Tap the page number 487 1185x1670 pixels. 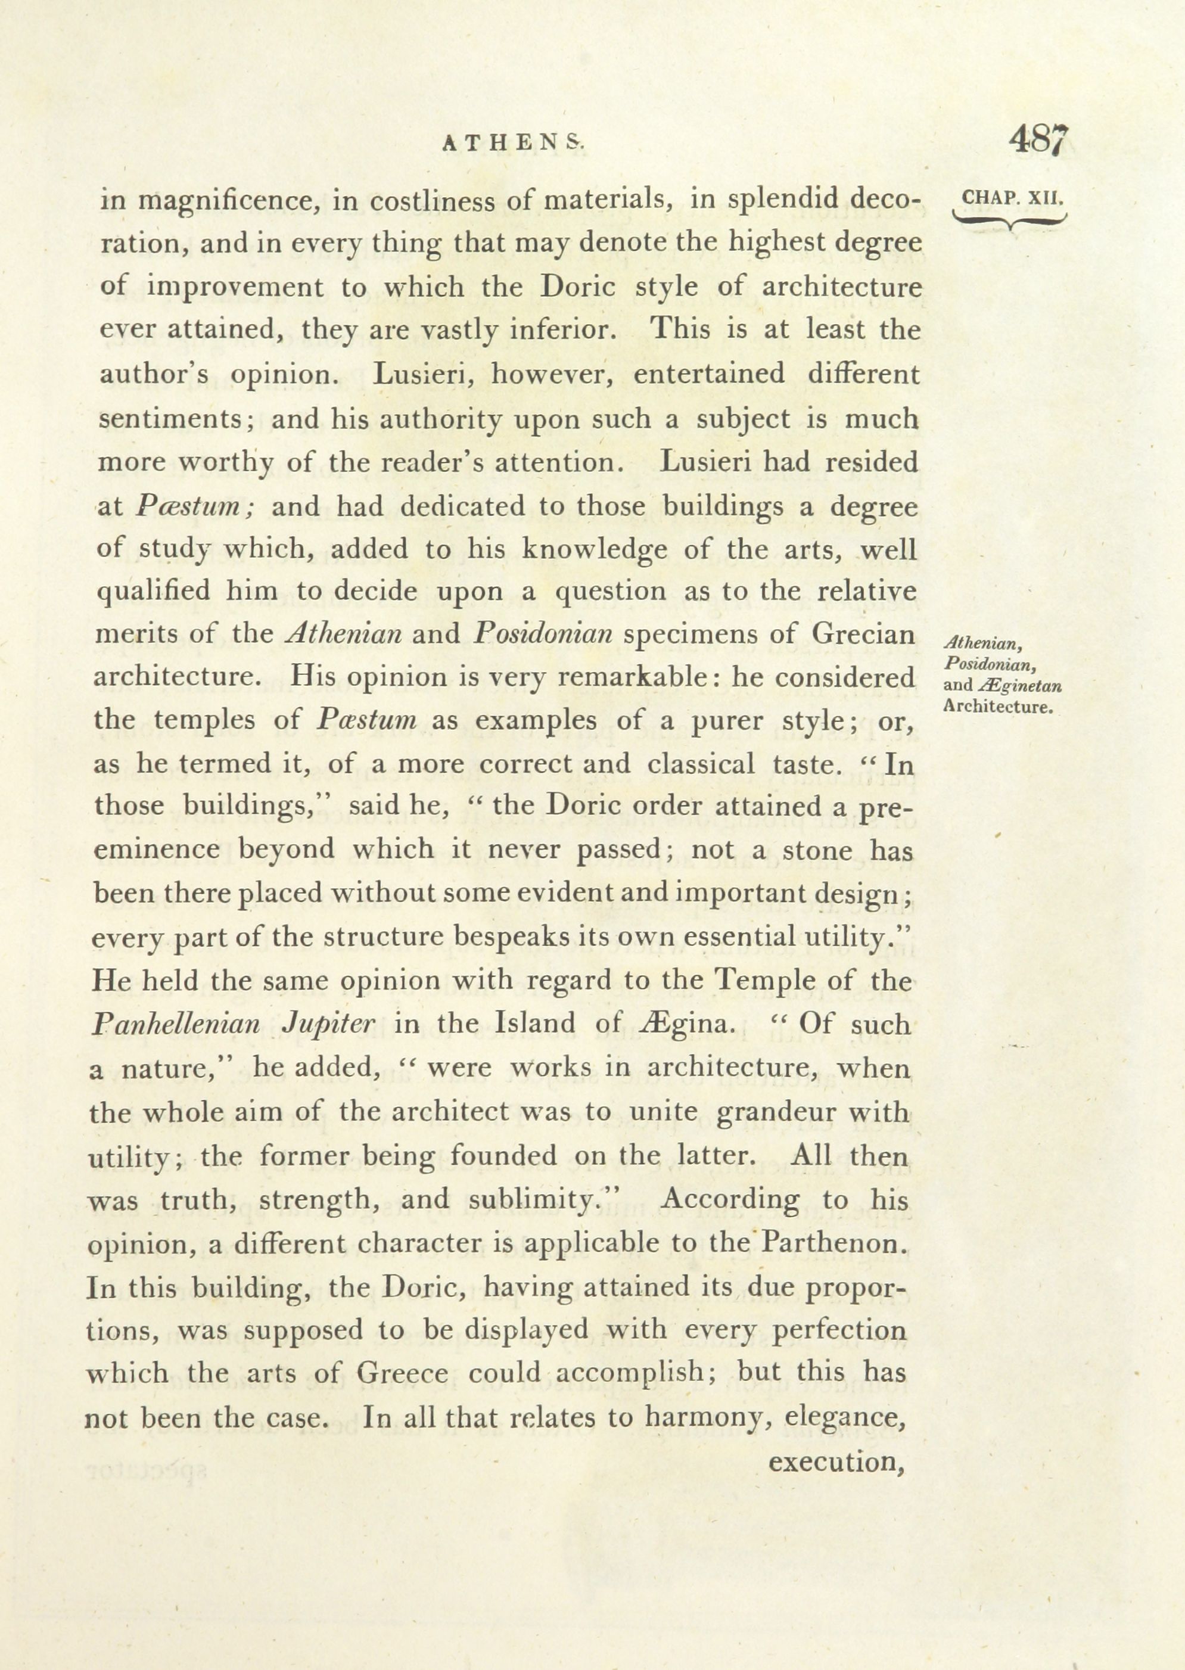tap(1039, 139)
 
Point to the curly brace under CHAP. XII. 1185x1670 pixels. tap(1010, 220)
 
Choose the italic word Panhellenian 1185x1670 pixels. tap(176, 1025)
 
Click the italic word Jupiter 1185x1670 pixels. tap(328, 1025)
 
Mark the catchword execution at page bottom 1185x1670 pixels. tap(837, 1461)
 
